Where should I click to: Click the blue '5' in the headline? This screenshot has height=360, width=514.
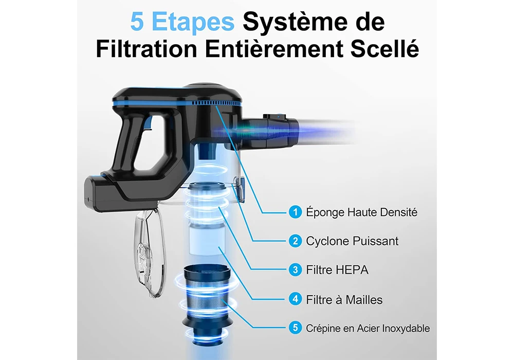click(x=137, y=22)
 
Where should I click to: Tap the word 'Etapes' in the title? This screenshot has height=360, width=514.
click(x=193, y=22)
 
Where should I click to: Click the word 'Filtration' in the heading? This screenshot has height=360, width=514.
click(x=146, y=49)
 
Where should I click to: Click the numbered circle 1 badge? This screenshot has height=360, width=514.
click(x=296, y=212)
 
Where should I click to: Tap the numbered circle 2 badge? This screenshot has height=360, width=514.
click(x=296, y=241)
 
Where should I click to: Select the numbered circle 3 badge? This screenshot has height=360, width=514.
click(x=296, y=270)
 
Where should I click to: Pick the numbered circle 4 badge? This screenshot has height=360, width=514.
click(x=296, y=299)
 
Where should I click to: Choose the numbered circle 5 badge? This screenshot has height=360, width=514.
click(x=296, y=328)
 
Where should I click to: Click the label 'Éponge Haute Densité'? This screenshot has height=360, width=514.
click(x=361, y=212)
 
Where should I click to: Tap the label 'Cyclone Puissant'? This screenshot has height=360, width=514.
click(x=352, y=241)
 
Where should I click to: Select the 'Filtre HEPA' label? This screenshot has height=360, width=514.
click(x=337, y=270)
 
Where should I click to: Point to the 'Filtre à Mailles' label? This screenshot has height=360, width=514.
click(x=344, y=300)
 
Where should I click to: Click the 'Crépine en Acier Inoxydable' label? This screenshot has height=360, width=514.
click(x=368, y=328)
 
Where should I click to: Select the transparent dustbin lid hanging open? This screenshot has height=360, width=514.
click(x=149, y=254)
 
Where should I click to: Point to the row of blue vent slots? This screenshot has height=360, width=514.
click(x=216, y=103)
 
